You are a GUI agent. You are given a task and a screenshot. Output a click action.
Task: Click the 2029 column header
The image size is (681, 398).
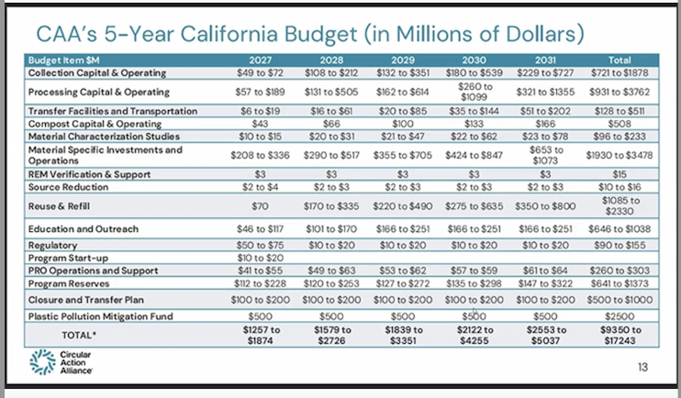pos(403,61)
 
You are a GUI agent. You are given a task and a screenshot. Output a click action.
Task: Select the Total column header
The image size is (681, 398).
pos(620,61)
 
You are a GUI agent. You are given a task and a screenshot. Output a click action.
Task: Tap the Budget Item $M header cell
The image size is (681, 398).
pos(64,61)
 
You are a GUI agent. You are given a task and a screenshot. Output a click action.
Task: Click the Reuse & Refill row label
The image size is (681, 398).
pos(59,206)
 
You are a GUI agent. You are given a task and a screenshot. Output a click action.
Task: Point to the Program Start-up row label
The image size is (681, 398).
pos(68,259)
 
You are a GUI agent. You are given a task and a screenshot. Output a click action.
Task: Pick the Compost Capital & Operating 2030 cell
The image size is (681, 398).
pos(474,124)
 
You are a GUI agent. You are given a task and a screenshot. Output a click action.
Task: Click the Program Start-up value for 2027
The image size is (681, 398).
pos(260,259)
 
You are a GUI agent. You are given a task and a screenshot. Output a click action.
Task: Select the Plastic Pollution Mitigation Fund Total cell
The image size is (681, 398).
pos(620,316)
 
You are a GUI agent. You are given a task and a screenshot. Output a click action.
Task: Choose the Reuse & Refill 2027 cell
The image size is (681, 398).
pos(260,206)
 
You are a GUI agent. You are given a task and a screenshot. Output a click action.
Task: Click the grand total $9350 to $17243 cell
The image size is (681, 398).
pos(620,335)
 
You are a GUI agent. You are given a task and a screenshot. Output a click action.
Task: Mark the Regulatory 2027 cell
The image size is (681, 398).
pos(260,245)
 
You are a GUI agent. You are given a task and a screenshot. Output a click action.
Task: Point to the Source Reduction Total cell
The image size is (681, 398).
pos(620,187)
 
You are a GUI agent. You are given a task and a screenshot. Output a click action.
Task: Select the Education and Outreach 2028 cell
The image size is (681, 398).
pos(331,228)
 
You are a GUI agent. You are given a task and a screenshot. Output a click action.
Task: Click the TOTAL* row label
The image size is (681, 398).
pos(76,335)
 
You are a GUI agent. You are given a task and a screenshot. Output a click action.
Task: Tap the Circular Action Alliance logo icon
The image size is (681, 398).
pos(42,362)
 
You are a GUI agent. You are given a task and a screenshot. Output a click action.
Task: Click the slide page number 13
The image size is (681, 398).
pos(642,367)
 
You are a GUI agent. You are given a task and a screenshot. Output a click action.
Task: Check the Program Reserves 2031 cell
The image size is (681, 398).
pos(545,283)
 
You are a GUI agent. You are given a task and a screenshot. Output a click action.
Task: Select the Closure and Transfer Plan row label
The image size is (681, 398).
pos(86,300)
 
